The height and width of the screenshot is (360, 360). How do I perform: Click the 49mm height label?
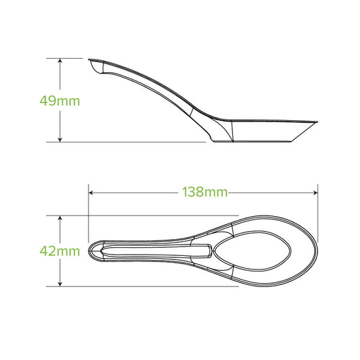click(x=60, y=101)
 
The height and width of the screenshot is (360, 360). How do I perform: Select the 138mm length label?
click(x=204, y=192)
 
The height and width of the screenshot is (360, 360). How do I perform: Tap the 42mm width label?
click(x=59, y=251)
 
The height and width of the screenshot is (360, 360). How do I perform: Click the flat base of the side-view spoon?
click(x=253, y=143)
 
